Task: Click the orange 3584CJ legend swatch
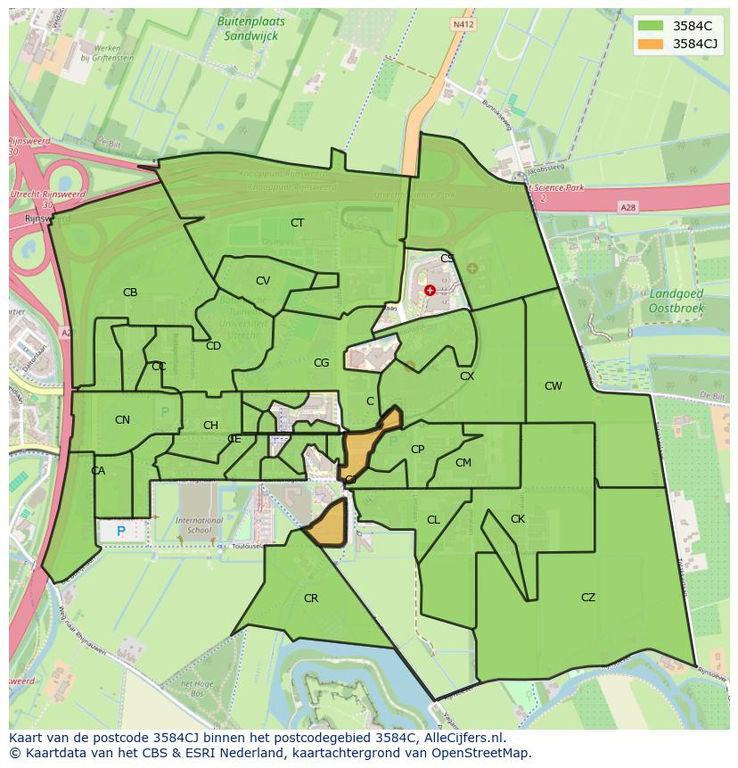click(652, 44)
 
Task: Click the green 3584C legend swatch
click(652, 25)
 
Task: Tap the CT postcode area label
click(297, 223)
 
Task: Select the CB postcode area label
click(130, 293)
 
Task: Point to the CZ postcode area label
click(587, 598)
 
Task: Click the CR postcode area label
click(310, 599)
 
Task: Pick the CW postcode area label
click(553, 386)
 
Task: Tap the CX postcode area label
click(467, 376)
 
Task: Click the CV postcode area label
click(263, 281)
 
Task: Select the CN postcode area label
click(122, 420)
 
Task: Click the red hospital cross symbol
click(430, 290)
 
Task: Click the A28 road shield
click(628, 207)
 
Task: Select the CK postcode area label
click(518, 519)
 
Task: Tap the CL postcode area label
click(433, 520)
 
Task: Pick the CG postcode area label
click(322, 363)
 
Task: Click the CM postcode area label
click(463, 463)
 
